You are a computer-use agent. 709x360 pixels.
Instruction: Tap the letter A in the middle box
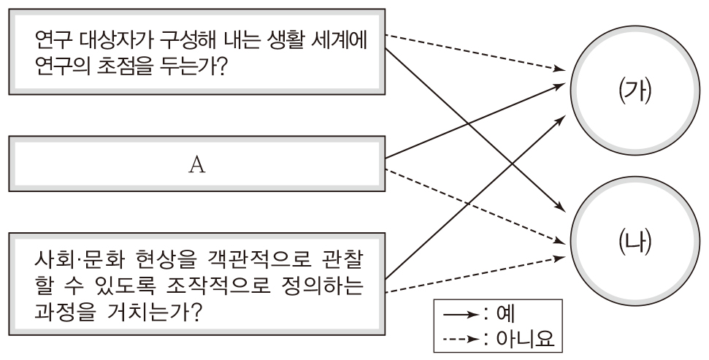[x=195, y=165]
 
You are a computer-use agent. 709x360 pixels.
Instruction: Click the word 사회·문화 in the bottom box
[x=77, y=259]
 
